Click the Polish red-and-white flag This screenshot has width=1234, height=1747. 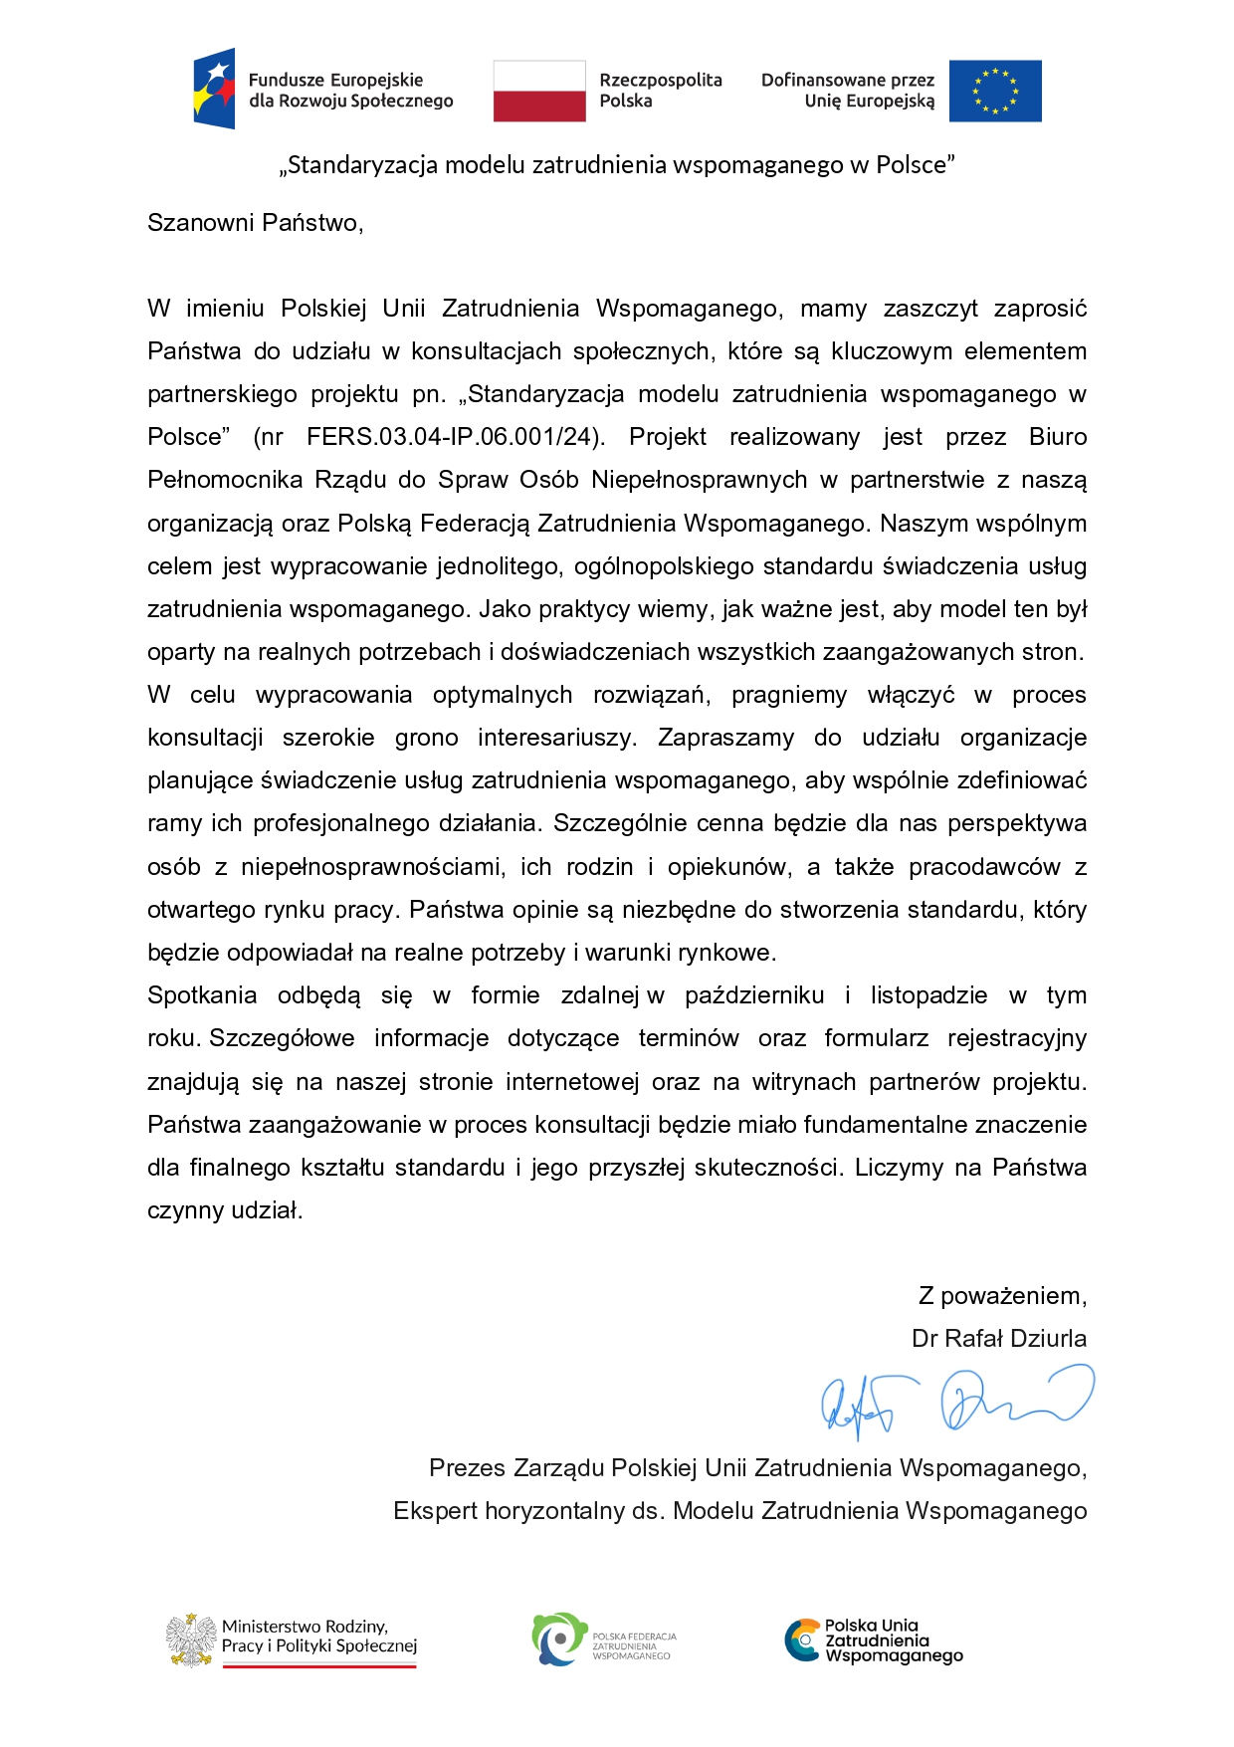539,91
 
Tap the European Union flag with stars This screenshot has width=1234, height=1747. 994,91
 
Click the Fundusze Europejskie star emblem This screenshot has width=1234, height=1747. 215,89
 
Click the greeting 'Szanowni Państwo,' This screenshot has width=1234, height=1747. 256,222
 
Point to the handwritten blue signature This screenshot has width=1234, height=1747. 955,1401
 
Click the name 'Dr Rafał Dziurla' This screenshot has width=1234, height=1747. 998,1339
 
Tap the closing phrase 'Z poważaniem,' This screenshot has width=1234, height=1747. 1001,1296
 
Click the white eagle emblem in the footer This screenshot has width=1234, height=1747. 191,1640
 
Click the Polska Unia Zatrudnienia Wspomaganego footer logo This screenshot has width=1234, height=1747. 873,1640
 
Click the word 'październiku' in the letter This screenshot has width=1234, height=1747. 754,995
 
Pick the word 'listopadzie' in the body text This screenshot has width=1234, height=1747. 928,995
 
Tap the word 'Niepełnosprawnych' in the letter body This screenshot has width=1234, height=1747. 699,480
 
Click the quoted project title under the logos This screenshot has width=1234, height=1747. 617,165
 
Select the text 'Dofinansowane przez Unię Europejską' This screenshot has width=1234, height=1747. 848,91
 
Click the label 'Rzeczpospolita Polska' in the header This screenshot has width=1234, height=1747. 660,91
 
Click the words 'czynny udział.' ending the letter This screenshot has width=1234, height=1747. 225,1210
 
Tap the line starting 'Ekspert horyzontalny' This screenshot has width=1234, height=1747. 739,1511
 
